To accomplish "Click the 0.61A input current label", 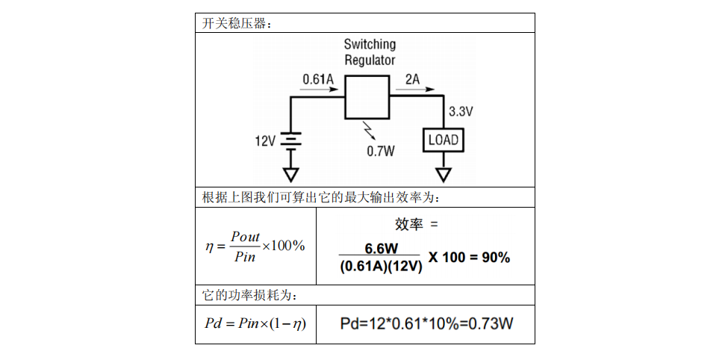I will point(318,78).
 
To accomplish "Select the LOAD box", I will point(444,140).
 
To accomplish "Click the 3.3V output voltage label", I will point(461,112).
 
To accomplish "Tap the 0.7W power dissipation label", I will point(380,151).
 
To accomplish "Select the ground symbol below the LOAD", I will point(444,175).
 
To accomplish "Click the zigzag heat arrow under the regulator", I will point(367,131).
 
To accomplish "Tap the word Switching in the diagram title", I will point(370,45).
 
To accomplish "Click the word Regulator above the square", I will point(370,60).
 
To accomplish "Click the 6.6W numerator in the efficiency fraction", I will point(382,248).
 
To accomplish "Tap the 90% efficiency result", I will point(494,258).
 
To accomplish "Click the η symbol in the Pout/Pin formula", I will point(210,246).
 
